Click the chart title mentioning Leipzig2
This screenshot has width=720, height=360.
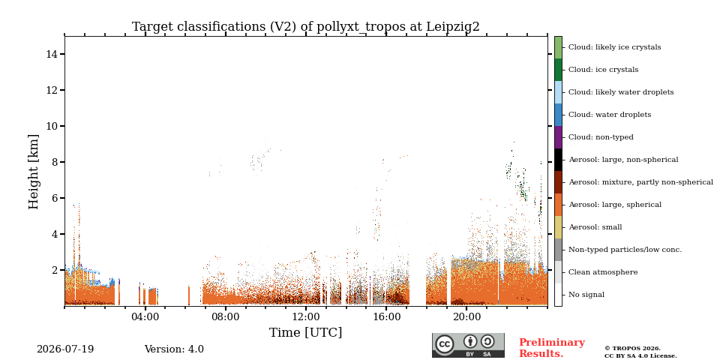tap(306, 27)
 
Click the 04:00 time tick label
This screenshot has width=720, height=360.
tap(145, 316)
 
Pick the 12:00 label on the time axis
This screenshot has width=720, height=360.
tap(306, 316)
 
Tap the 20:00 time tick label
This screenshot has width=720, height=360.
tap(467, 316)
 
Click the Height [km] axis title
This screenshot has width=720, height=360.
tap(34, 172)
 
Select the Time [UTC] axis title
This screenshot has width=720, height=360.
tap(306, 332)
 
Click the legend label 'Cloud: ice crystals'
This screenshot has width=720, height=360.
tap(603, 70)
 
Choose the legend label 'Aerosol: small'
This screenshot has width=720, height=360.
tap(595, 227)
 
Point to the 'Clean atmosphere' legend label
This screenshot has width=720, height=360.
tap(603, 272)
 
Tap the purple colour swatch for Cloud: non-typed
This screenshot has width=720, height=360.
tap(558, 137)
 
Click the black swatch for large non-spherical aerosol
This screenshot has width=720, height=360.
tap(558, 160)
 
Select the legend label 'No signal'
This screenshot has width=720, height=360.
tap(586, 295)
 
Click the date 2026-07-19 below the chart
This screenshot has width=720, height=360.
tap(65, 349)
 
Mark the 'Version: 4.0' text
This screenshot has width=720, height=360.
tap(174, 349)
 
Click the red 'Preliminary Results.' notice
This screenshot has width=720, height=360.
tap(552, 348)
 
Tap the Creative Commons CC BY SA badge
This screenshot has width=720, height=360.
tap(468, 345)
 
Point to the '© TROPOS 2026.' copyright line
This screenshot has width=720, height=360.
tap(632, 349)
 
